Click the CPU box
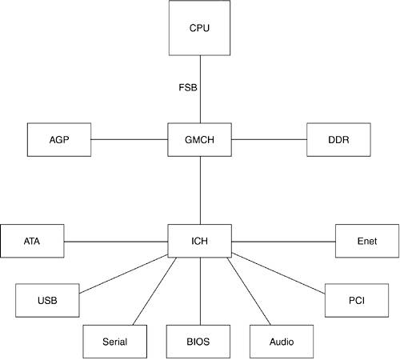pos(199,28)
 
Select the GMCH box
pos(199,139)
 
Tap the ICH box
pos(199,241)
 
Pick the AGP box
pos(59,139)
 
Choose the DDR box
pos(338,139)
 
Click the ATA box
pos(32,241)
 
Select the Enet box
pos(367,241)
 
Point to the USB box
pos(47,300)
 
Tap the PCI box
pos(357,300)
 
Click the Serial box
pos(115,342)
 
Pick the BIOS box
pos(198,342)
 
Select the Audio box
pos(282,342)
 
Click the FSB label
pos(188,87)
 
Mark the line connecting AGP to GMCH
pos(130,139)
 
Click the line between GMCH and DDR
pos(269,139)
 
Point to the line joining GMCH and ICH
pos(200,190)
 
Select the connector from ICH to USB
pos(123,274)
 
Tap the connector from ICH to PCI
pos(278,274)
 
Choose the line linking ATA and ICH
pos(116,242)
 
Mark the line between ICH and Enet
pos(283,242)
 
